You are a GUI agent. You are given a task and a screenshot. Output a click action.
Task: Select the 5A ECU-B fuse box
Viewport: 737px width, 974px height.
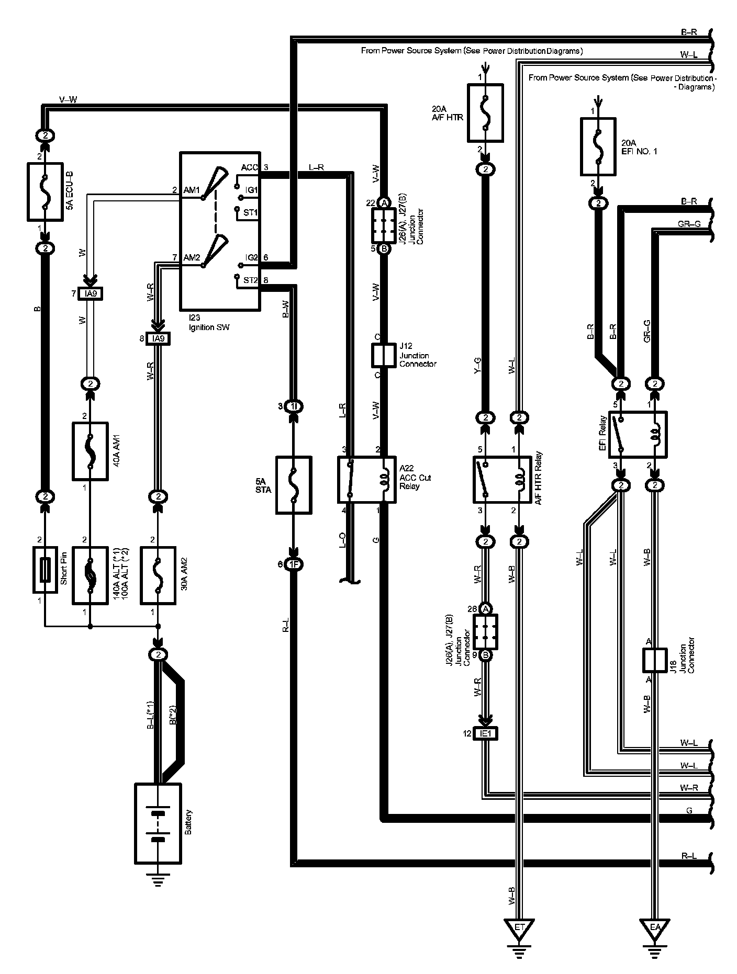pyautogui.click(x=44, y=191)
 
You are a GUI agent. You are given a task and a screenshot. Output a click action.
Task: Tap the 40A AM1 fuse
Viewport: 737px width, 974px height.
pyautogui.click(x=90, y=451)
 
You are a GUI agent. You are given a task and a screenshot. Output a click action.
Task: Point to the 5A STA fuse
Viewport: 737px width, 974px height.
pyautogui.click(x=294, y=485)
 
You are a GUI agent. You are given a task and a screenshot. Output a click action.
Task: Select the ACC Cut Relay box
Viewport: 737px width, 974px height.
pyautogui.click(x=366, y=480)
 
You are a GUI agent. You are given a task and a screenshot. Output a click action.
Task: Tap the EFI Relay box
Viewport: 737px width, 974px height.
pyautogui.click(x=638, y=434)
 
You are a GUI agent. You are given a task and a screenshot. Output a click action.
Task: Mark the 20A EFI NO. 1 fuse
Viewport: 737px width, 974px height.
pyautogui.click(x=598, y=146)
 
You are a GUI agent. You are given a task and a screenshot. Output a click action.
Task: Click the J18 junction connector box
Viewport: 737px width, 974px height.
pyautogui.click(x=654, y=660)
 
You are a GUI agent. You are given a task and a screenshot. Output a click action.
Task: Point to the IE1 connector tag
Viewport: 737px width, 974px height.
pyautogui.click(x=486, y=734)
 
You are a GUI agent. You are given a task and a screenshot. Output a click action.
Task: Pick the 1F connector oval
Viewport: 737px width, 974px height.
pyautogui.click(x=294, y=564)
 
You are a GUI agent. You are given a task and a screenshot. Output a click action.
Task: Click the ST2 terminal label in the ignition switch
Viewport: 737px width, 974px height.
pyautogui.click(x=250, y=280)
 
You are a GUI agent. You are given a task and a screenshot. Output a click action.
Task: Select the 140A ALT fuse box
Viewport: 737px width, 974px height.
pyautogui.click(x=90, y=576)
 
